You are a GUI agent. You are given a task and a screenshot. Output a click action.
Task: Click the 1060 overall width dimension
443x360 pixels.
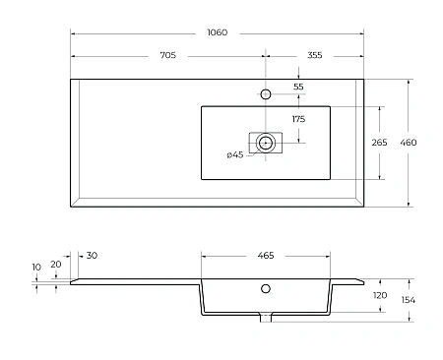218,32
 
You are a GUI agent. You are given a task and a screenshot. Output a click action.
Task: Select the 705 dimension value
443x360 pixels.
168,55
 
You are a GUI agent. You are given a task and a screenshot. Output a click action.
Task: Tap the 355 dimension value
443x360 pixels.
315,55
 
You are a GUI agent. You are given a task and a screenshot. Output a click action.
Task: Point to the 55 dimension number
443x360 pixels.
298,87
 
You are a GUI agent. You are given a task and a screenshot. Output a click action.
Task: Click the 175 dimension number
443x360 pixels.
298,119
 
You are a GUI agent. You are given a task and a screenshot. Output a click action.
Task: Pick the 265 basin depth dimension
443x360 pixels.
379,143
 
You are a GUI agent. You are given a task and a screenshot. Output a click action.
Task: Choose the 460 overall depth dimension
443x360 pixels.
409,143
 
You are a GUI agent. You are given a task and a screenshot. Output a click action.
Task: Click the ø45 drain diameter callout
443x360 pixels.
235,154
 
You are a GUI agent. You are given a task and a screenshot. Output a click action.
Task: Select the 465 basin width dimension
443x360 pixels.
266,255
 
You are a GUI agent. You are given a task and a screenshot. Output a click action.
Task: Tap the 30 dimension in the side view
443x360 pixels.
92,255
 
